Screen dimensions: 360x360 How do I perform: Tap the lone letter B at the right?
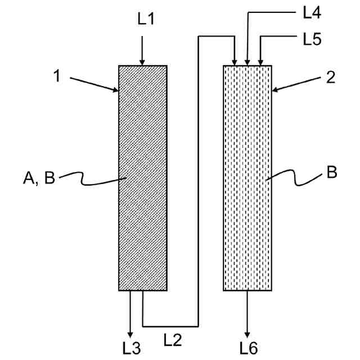point(331,172)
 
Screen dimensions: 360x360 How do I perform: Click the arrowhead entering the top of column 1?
point(142,61)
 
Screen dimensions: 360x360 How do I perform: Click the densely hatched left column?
point(142,225)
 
